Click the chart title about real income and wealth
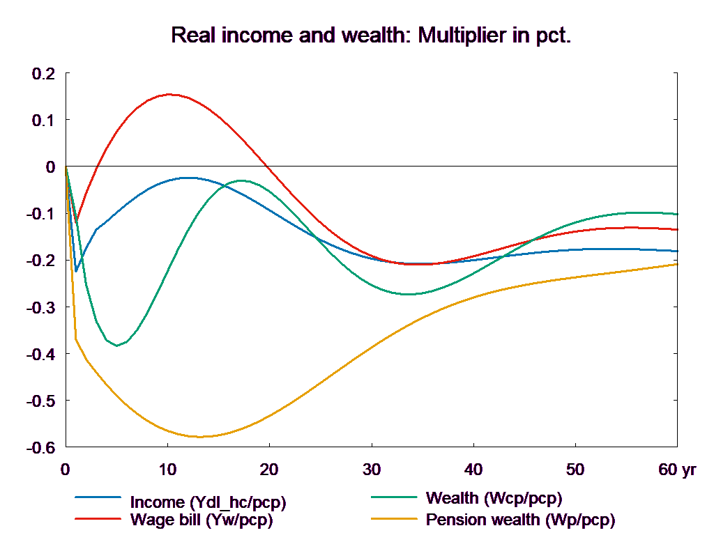[371, 36]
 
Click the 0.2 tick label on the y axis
[43, 73]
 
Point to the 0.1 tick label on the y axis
[43, 120]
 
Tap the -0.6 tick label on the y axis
[41, 448]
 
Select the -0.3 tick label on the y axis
[41, 307]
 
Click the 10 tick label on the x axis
[167, 470]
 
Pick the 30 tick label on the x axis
[372, 470]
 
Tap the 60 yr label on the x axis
[676, 470]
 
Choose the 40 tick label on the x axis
[473, 470]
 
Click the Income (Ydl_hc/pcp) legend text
[208, 502]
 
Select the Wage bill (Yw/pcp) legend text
[201, 520]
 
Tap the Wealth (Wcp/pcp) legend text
[493, 498]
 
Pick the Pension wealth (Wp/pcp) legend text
[520, 520]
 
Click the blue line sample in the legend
[98, 498]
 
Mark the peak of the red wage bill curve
[169, 95]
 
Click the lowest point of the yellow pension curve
[200, 437]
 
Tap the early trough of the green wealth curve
[117, 345]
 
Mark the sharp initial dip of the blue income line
[76, 271]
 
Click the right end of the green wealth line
[678, 214]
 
